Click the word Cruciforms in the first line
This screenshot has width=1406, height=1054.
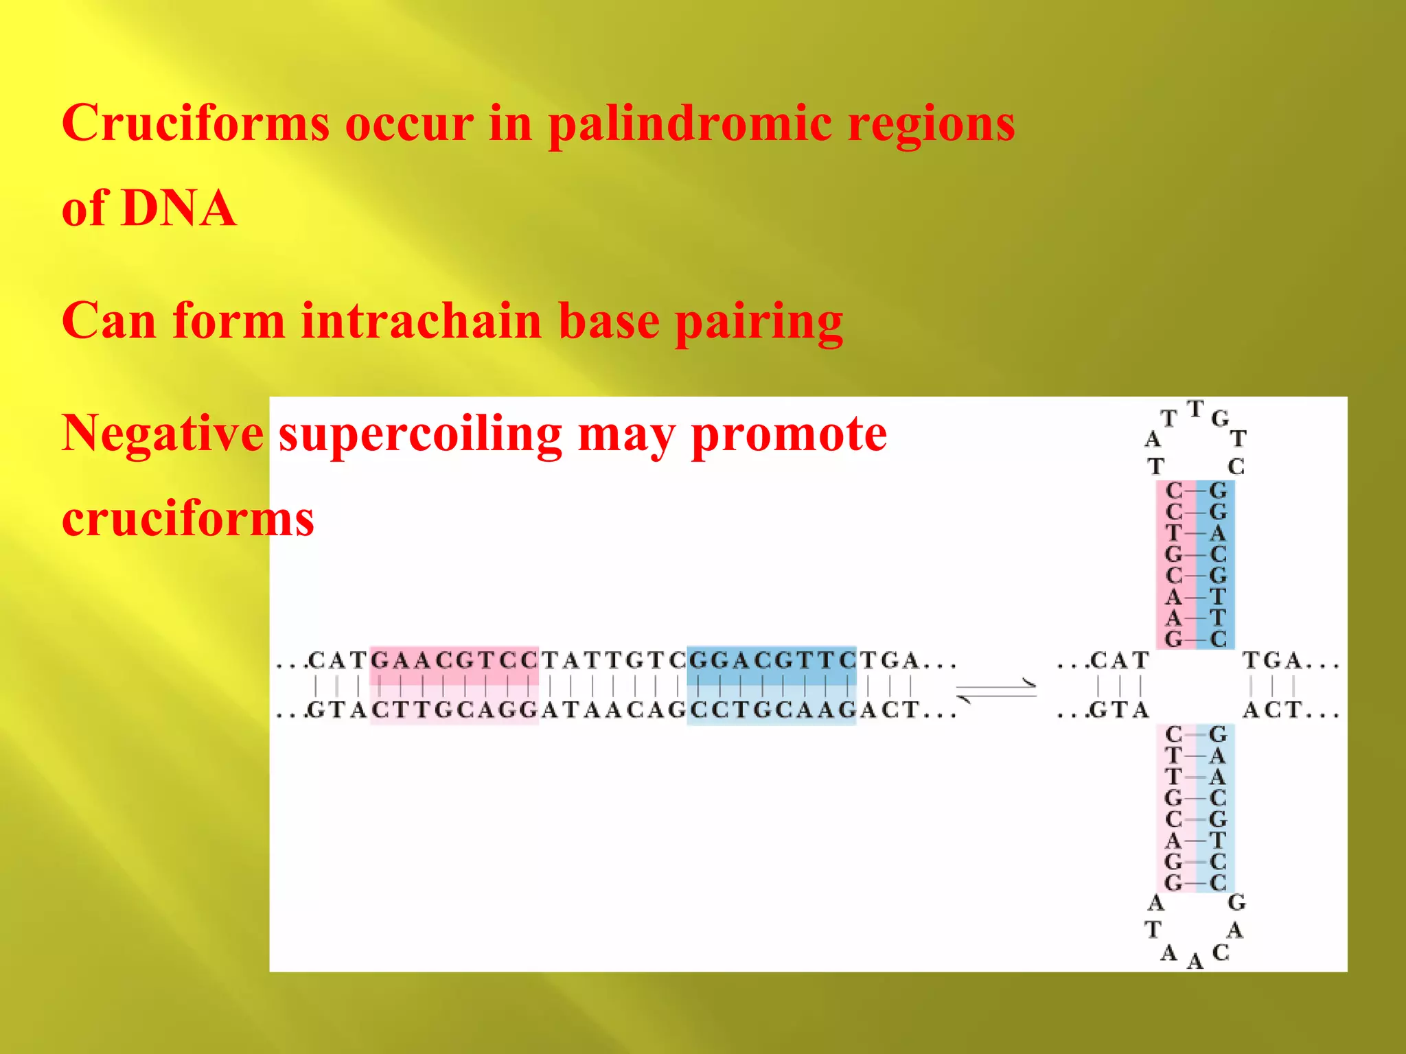click(x=196, y=124)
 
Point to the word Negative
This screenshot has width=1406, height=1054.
click(x=163, y=434)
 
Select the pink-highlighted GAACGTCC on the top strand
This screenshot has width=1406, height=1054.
click(x=454, y=660)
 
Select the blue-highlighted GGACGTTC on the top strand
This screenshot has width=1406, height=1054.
click(x=772, y=660)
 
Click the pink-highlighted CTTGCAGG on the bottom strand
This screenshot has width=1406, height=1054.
click(x=454, y=710)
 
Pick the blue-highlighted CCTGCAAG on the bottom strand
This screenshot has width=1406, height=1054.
click(x=772, y=710)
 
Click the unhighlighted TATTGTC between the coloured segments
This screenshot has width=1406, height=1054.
click(x=613, y=660)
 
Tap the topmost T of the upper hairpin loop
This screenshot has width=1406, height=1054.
click(x=1195, y=410)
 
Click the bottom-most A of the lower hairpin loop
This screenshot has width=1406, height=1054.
click(x=1195, y=961)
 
